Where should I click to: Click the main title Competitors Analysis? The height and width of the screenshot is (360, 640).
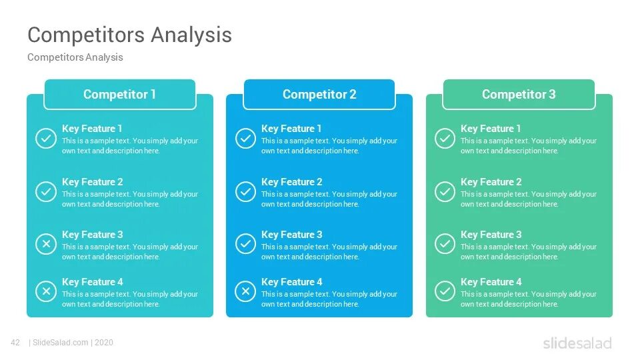pos(129,35)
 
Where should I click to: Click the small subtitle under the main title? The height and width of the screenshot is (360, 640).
pos(75,57)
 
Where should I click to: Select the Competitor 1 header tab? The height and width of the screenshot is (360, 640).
pos(120,95)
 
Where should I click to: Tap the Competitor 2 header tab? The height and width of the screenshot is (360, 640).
pos(319,95)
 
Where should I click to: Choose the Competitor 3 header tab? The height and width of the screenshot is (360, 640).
pos(519,95)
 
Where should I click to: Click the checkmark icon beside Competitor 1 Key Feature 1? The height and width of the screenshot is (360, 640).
pos(46,139)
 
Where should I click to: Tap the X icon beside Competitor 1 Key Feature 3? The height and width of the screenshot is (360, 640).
pos(46,245)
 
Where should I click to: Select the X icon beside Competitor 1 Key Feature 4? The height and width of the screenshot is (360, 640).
pos(46,291)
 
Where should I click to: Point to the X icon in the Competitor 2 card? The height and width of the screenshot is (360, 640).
pos(245,291)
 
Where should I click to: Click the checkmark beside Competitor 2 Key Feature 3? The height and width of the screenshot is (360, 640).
pos(245,245)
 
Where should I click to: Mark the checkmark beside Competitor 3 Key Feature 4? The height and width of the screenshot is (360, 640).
pos(445,291)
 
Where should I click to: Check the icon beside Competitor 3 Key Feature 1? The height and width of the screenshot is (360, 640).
pos(445,139)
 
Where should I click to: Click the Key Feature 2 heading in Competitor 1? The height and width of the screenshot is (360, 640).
pos(93,182)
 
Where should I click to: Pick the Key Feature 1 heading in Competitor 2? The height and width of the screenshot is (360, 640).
pos(291,129)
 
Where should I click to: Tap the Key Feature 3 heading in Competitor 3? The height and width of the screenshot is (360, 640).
pos(491,235)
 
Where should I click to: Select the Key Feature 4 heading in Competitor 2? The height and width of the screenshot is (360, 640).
pos(291,282)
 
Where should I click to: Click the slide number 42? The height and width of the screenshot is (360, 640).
pos(16,343)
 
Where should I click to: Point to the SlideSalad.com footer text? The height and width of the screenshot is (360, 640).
pos(60,343)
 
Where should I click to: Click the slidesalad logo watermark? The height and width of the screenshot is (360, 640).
pos(577,343)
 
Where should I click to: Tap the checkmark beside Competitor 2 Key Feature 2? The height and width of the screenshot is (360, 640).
pos(245,192)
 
